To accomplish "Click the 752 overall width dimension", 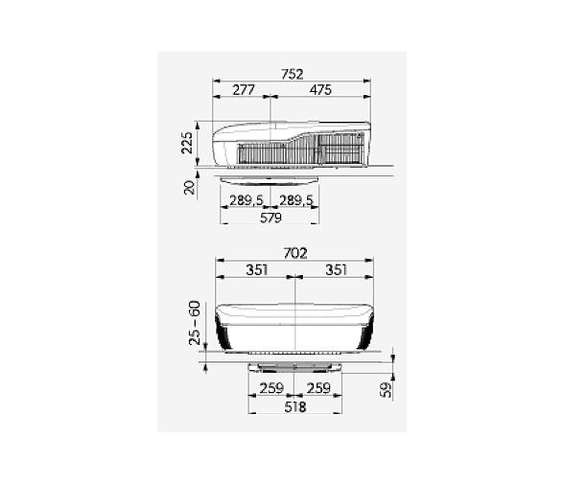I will [294, 74].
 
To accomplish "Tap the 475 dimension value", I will [319, 90].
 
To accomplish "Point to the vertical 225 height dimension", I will [188, 143].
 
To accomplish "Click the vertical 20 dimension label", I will [190, 185].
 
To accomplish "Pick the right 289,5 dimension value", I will [294, 200].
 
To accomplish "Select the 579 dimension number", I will [270, 219].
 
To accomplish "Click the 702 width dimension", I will [295, 253].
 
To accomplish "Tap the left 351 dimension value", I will [256, 270].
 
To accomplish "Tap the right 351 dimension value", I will [336, 270].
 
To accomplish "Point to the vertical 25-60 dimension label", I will [195, 323].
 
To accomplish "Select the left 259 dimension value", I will [271, 389].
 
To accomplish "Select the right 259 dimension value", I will [318, 389].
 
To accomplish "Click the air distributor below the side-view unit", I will [270, 179].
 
